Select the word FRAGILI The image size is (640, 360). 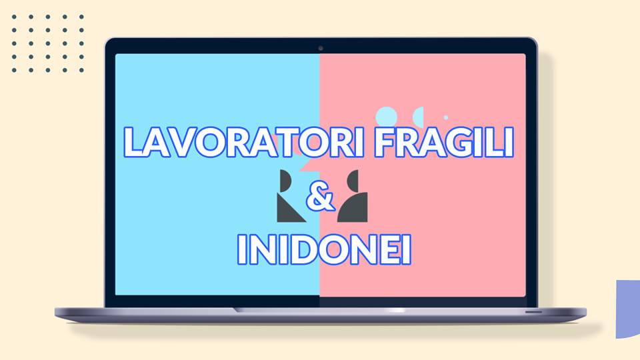tap(444, 142)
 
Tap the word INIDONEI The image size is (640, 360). tap(324, 249)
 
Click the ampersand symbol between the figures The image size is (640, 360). tap(321, 197)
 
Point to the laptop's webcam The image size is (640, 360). tap(321, 48)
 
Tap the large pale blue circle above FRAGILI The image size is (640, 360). tap(386, 117)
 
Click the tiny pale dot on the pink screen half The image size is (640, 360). tap(446, 117)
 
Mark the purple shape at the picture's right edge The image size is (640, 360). tap(629, 309)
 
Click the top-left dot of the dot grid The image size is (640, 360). tap(14, 17)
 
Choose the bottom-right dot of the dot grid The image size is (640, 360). tap(81, 70)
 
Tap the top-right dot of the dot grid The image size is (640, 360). tap(81, 17)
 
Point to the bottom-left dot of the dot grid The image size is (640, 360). tap(14, 70)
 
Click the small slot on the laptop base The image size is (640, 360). tap(533, 312)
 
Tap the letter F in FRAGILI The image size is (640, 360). tap(385, 143)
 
